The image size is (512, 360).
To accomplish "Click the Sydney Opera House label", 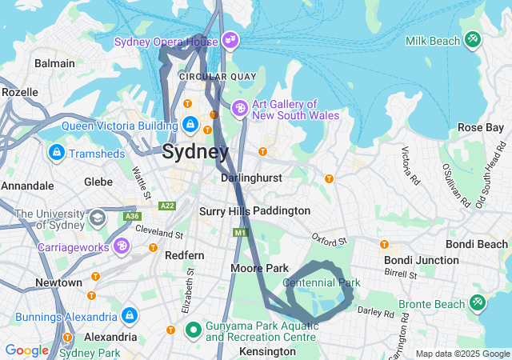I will [x=166, y=42].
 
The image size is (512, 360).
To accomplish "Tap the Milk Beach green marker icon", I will [x=473, y=38].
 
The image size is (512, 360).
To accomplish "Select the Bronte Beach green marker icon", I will [x=478, y=302].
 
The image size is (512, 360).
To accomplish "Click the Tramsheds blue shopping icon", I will [x=57, y=152].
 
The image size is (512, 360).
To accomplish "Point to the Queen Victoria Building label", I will [x=118, y=126].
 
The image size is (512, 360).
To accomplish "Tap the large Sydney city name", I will [x=195, y=152].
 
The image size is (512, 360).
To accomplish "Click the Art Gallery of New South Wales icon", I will [x=239, y=108].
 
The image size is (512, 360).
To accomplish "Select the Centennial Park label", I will [x=322, y=282].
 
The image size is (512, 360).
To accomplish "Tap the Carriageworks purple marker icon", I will [x=122, y=245].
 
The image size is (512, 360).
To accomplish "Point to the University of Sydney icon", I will [x=97, y=218].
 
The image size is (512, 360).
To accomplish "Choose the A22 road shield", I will [x=167, y=206].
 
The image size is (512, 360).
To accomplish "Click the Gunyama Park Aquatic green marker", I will [x=193, y=329].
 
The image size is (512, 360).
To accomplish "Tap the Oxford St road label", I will [x=330, y=239].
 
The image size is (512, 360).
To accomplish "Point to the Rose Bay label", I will [x=480, y=127].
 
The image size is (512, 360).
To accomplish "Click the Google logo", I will [x=26, y=350].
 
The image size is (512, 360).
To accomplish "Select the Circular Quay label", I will [x=217, y=77].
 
